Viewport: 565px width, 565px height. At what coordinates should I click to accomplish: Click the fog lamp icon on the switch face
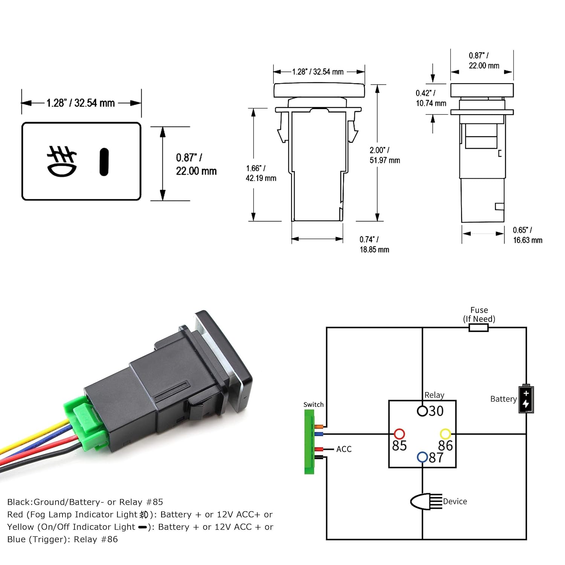click(x=62, y=161)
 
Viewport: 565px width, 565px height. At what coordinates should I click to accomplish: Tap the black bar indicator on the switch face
click(x=104, y=162)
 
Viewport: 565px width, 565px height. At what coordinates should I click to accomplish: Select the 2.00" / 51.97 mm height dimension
click(x=385, y=155)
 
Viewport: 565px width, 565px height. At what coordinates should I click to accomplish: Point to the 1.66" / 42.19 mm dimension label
click(x=261, y=173)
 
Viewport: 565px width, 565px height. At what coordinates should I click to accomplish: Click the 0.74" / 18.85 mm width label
click(x=374, y=244)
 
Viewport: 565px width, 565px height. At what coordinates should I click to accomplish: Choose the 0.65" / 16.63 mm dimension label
click(x=527, y=235)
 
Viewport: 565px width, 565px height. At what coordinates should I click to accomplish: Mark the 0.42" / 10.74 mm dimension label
click(x=431, y=98)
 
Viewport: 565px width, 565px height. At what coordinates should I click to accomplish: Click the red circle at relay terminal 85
click(x=399, y=434)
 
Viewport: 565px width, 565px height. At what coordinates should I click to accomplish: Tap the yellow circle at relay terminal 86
click(x=445, y=434)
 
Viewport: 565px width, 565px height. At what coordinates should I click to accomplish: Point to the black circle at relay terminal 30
click(x=422, y=411)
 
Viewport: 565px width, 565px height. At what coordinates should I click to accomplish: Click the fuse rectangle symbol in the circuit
click(x=479, y=328)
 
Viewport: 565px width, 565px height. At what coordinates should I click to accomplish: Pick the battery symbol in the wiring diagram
click(x=526, y=399)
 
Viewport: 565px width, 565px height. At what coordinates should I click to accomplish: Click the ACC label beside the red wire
click(x=344, y=449)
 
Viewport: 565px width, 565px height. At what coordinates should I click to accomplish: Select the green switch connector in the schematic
click(x=309, y=441)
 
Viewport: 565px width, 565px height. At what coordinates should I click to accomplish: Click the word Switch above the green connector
click(x=313, y=405)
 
